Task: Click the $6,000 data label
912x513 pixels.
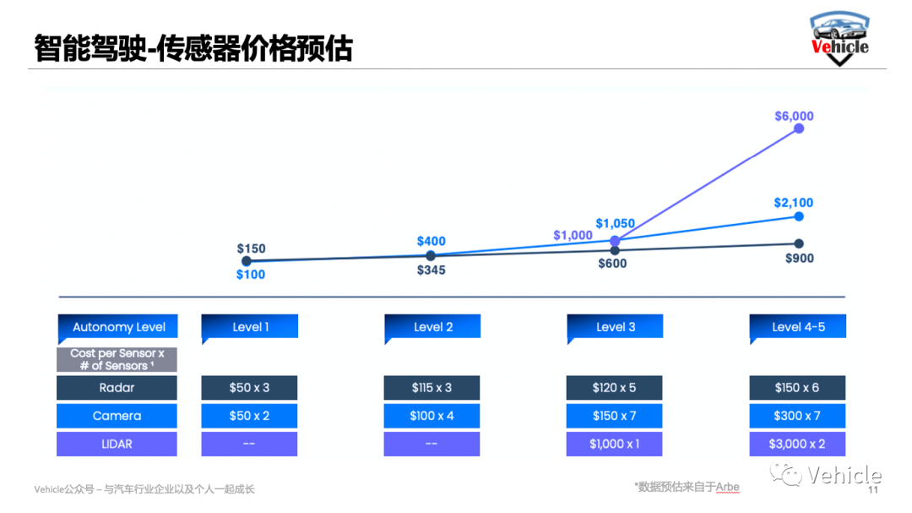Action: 794,116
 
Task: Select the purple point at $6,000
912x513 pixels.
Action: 799,128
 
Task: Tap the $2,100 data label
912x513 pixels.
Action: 794,203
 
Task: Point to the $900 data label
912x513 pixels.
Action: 799,259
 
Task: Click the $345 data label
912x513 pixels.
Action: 431,270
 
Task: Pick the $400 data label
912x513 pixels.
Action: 431,242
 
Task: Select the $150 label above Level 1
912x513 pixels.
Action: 251,248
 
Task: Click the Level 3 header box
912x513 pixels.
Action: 615,327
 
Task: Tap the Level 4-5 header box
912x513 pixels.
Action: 798,327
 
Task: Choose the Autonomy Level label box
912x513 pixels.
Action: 118,327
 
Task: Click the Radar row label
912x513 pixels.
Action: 117,388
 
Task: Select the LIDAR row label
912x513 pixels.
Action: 117,444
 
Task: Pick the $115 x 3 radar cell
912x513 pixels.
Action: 432,388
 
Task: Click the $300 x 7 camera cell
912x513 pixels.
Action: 798,416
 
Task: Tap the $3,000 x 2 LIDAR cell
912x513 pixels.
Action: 798,444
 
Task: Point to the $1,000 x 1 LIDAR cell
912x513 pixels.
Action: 615,444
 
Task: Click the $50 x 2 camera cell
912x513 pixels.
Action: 249,416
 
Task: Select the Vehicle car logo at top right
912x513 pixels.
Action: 839,38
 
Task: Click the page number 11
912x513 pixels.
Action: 873,490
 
